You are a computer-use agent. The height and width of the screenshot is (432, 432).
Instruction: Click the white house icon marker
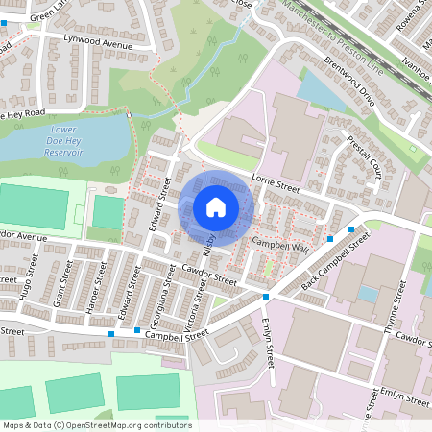216,206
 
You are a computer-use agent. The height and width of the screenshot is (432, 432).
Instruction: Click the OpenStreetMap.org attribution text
97,424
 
